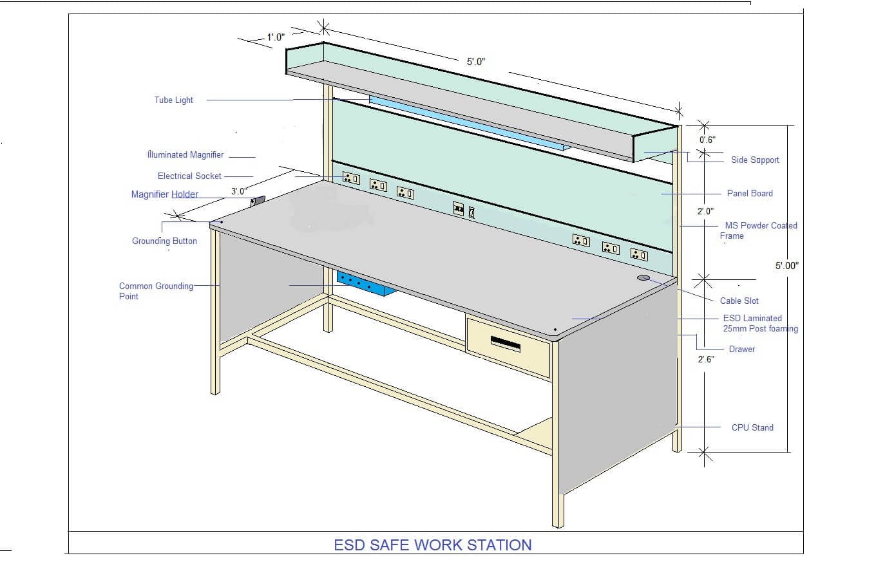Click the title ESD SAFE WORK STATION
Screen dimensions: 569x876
coord(432,545)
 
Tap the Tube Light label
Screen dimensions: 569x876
coord(173,100)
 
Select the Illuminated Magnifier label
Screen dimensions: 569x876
coord(186,155)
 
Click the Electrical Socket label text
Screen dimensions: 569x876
coord(189,176)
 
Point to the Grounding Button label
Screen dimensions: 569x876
coord(164,241)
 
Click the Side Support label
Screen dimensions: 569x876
coord(755,160)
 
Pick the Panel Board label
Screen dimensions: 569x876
coord(750,193)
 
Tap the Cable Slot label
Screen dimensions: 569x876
coord(739,301)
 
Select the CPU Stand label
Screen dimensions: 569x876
coord(752,427)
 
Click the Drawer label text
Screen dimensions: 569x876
coord(742,349)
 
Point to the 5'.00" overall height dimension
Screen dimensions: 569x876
coord(786,265)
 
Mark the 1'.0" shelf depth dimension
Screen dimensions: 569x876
coord(276,37)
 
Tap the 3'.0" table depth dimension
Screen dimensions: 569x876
coord(238,191)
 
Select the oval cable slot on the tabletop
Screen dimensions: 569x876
coord(643,277)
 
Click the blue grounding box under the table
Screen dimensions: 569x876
coord(365,284)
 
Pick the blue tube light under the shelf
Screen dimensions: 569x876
coord(464,121)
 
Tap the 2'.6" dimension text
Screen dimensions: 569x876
coord(705,360)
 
